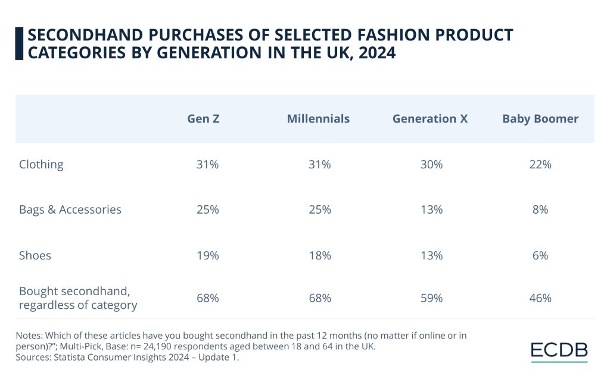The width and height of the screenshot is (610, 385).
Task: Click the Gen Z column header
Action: (x=203, y=119)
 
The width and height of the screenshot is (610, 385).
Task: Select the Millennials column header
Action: (x=318, y=119)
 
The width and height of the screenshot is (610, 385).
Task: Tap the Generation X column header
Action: (x=430, y=119)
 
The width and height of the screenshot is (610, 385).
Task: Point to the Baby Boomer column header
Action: (x=540, y=119)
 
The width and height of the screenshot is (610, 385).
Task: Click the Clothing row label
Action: (x=41, y=165)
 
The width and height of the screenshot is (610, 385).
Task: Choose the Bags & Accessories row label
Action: (x=70, y=210)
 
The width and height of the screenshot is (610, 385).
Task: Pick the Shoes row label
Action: (x=35, y=256)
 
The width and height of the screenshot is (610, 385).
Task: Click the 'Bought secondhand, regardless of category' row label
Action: (x=78, y=298)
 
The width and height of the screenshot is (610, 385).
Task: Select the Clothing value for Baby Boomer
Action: (x=540, y=165)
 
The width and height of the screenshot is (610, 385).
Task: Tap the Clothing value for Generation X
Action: (x=430, y=165)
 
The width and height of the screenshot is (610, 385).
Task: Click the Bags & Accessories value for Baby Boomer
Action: (x=540, y=210)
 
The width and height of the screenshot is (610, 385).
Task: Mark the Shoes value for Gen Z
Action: (x=207, y=256)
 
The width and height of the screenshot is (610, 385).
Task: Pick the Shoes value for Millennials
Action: (x=319, y=256)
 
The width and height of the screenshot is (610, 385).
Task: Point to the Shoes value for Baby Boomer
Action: (x=540, y=256)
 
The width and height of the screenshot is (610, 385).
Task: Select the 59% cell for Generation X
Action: (x=430, y=298)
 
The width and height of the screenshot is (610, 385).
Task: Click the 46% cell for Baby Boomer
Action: (x=540, y=298)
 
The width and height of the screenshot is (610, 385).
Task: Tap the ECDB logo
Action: (x=559, y=351)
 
